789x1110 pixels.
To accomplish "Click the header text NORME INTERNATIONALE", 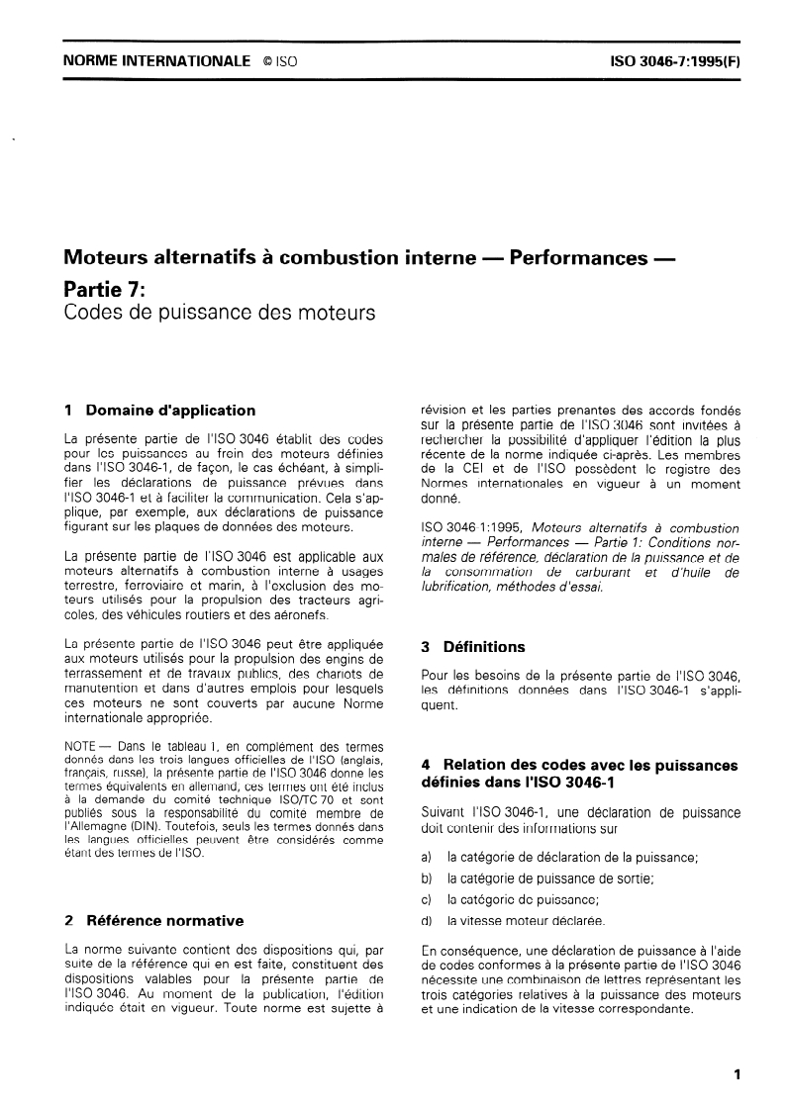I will point(155,60).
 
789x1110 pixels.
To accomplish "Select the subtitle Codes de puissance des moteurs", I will point(205,316).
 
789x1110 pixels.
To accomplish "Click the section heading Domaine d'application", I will point(170,410).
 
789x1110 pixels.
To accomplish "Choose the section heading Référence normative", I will point(164,920).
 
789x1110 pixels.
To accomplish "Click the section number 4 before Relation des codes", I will point(426,765).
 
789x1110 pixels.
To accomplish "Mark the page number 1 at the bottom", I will point(738,1073).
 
